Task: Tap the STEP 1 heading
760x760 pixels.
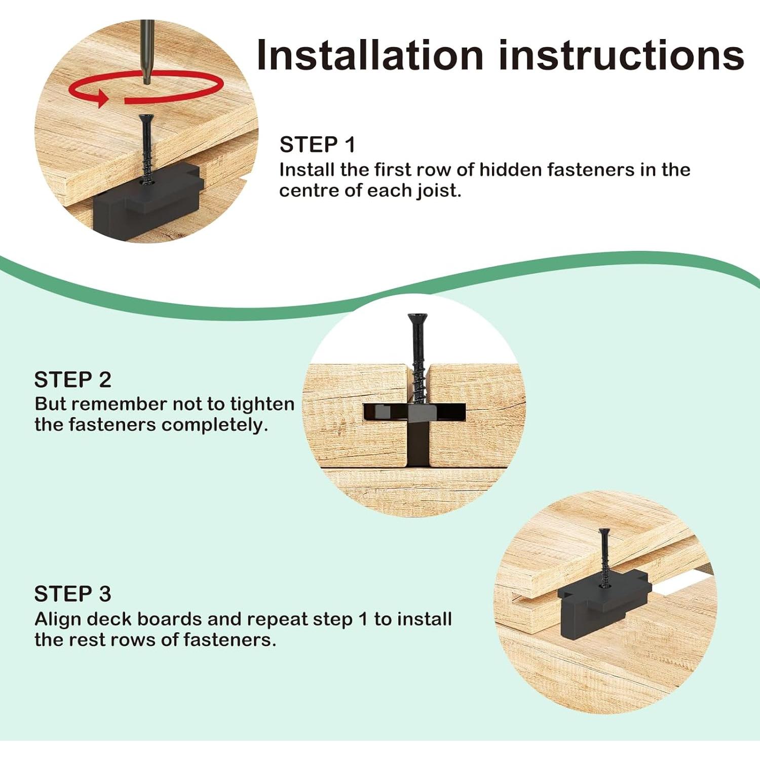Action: coord(318,145)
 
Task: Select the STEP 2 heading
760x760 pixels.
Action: coord(72,379)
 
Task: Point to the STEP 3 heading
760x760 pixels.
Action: coord(72,594)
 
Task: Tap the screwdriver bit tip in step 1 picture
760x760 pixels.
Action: coord(146,79)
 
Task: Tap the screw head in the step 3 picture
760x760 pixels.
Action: coord(604,531)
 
